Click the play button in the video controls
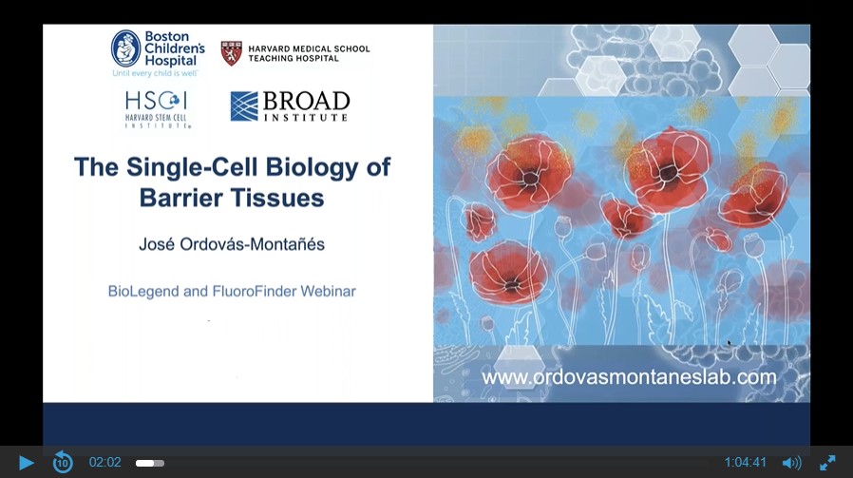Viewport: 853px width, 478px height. click(26, 463)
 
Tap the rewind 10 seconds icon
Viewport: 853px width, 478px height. click(63, 462)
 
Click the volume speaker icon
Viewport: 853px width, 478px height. click(791, 463)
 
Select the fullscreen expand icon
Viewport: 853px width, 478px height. click(827, 463)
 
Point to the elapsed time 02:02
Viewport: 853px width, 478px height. click(105, 462)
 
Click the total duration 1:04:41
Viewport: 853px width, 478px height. click(746, 462)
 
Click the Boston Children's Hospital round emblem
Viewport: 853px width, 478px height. click(125, 48)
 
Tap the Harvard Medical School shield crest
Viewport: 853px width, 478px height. click(231, 53)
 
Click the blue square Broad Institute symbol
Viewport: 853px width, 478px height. click(244, 106)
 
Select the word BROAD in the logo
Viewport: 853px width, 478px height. click(306, 102)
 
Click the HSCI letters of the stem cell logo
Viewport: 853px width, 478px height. click(156, 101)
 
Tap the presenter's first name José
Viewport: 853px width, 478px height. click(157, 244)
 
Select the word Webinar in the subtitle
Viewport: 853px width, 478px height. click(328, 291)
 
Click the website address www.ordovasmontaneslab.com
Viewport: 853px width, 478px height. click(630, 377)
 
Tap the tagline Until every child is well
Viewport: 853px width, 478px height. click(155, 73)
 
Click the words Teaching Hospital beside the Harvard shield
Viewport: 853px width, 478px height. click(294, 58)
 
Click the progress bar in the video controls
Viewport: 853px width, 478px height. click(150, 464)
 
